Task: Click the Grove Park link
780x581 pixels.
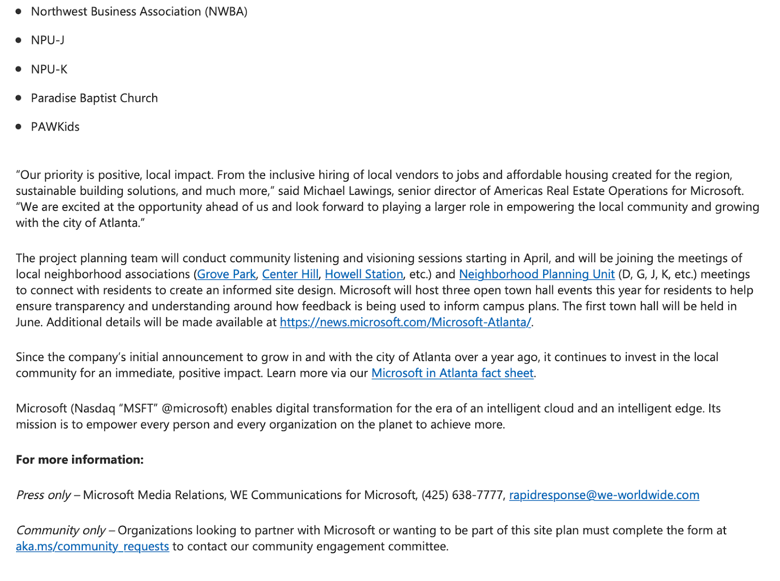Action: (x=226, y=274)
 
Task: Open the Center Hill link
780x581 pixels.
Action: (x=290, y=274)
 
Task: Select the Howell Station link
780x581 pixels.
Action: (x=364, y=274)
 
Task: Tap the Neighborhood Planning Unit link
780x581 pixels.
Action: (x=537, y=274)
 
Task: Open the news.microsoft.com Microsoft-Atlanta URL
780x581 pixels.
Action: (x=405, y=322)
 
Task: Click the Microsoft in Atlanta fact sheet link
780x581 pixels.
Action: (x=452, y=373)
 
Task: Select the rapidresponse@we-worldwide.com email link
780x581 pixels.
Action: (x=604, y=495)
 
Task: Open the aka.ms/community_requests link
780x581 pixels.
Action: (x=92, y=546)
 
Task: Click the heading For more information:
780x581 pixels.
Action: (x=79, y=460)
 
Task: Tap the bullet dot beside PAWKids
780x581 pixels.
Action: (x=19, y=127)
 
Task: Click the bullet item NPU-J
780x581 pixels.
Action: (x=48, y=40)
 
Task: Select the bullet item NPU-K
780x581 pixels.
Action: (x=49, y=70)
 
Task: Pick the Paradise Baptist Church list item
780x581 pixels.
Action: (x=94, y=98)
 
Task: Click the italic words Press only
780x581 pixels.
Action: (x=43, y=495)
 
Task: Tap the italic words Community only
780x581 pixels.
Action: (x=60, y=530)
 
